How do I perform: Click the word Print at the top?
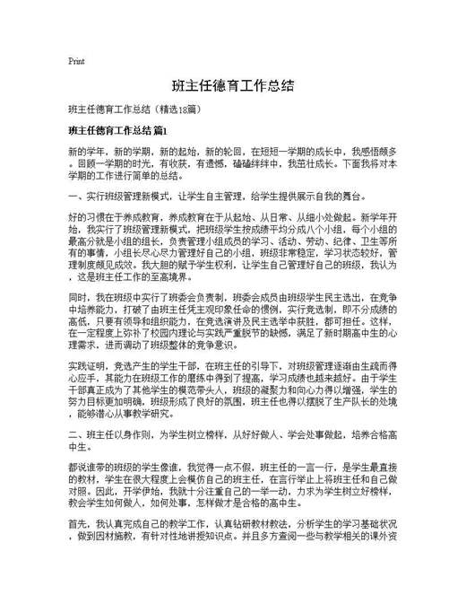[x=76, y=62]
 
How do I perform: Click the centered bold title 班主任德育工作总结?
[x=232, y=88]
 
